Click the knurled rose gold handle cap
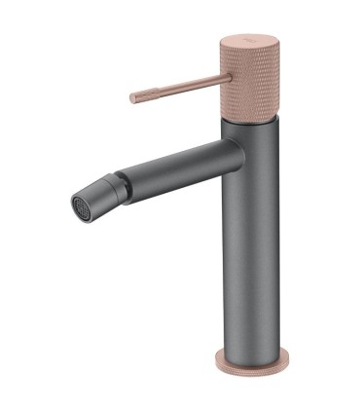coord(249,78)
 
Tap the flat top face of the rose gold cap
coord(249,41)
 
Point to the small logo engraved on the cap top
coord(249,40)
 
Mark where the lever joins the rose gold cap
coord(223,76)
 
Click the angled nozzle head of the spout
coord(94,196)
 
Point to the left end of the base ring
coord(216,360)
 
